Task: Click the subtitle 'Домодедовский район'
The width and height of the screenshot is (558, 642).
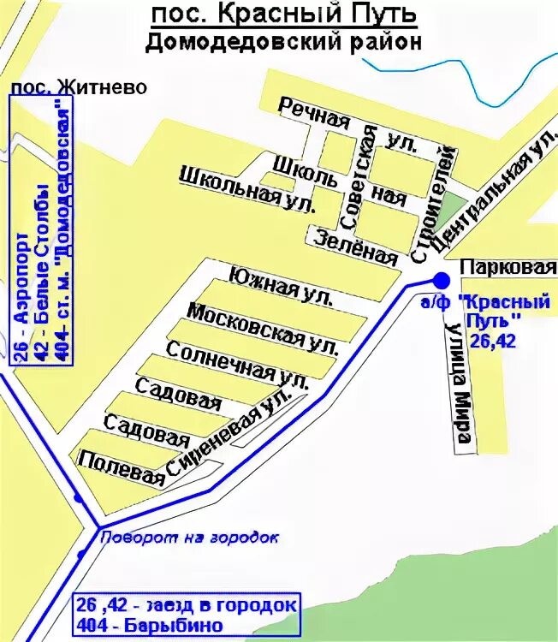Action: (x=282, y=43)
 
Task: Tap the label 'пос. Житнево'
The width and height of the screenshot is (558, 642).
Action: (x=78, y=87)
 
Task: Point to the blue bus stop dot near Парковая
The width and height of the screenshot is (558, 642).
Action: (x=442, y=279)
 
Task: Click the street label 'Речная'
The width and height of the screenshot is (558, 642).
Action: (x=315, y=112)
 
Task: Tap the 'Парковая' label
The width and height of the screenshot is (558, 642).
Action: (x=508, y=267)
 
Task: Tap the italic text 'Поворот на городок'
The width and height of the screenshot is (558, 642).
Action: (x=190, y=538)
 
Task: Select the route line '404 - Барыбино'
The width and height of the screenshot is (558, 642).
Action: (x=151, y=625)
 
